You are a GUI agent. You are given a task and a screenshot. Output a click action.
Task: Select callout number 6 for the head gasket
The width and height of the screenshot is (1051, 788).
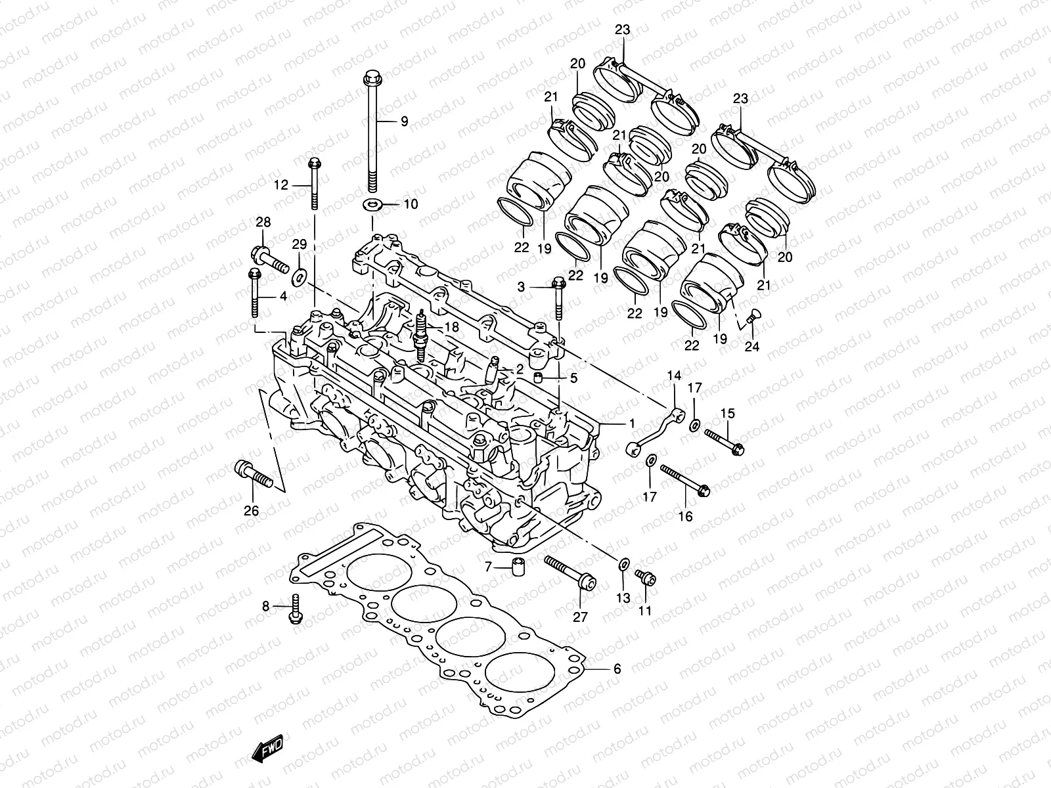616,669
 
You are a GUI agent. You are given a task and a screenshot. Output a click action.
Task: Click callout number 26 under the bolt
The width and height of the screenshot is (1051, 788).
251,511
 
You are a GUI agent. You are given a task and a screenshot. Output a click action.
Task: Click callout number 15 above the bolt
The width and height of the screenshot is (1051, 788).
727,413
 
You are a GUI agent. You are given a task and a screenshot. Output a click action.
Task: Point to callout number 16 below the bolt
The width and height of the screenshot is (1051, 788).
684,516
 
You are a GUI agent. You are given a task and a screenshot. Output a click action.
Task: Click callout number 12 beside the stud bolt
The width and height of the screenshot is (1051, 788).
280,185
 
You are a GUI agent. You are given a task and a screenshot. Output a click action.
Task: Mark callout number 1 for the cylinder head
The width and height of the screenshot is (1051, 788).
631,422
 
